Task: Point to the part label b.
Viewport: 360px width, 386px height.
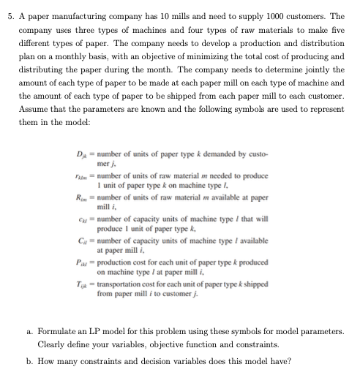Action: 23,361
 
